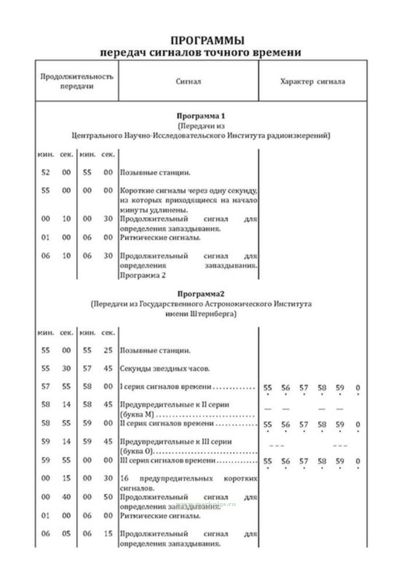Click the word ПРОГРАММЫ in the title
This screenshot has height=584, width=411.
click(x=207, y=40)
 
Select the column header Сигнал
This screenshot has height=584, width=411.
click(x=188, y=81)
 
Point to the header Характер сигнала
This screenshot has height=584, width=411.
click(x=313, y=81)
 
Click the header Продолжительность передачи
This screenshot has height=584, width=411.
click(x=77, y=81)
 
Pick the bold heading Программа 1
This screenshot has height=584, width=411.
click(x=201, y=116)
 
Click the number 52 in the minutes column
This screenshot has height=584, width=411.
click(x=45, y=173)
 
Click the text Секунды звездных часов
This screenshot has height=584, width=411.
click(x=165, y=369)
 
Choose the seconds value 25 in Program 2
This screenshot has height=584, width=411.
click(x=108, y=350)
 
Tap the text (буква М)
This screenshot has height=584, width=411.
click(x=137, y=414)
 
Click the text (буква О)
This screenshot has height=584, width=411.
click(x=137, y=451)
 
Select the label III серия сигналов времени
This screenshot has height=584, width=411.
click(x=167, y=461)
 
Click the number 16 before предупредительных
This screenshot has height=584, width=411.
click(x=124, y=478)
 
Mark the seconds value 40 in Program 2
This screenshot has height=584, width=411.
click(x=66, y=497)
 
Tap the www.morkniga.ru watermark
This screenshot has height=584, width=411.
click(x=206, y=504)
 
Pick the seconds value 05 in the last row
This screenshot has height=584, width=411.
click(x=66, y=534)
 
